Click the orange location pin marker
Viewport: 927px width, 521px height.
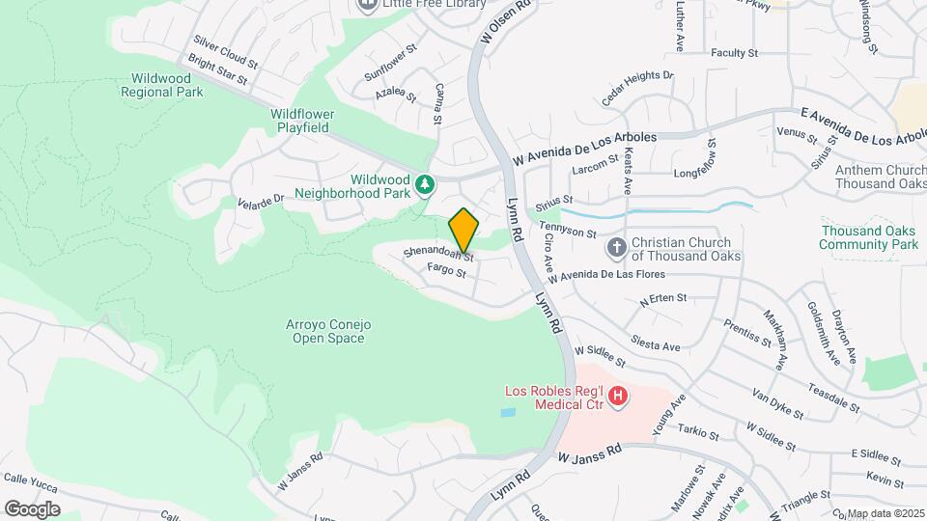pyautogui.click(x=464, y=231)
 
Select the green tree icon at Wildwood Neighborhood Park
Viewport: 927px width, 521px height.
pyautogui.click(x=423, y=184)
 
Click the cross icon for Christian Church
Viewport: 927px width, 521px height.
pyautogui.click(x=616, y=249)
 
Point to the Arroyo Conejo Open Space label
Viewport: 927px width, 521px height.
pyautogui.click(x=329, y=331)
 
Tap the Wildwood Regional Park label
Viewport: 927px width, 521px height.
pyautogui.click(x=162, y=85)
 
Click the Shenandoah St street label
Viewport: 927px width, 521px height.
pyautogui.click(x=438, y=253)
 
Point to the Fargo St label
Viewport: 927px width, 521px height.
pyautogui.click(x=447, y=271)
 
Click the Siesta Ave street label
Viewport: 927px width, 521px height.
pyautogui.click(x=656, y=343)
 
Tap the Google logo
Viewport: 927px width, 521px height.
pyautogui.click(x=32, y=508)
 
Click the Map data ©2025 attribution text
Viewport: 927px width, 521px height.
pyautogui.click(x=885, y=513)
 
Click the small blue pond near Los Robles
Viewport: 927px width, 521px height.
pyautogui.click(x=508, y=412)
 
